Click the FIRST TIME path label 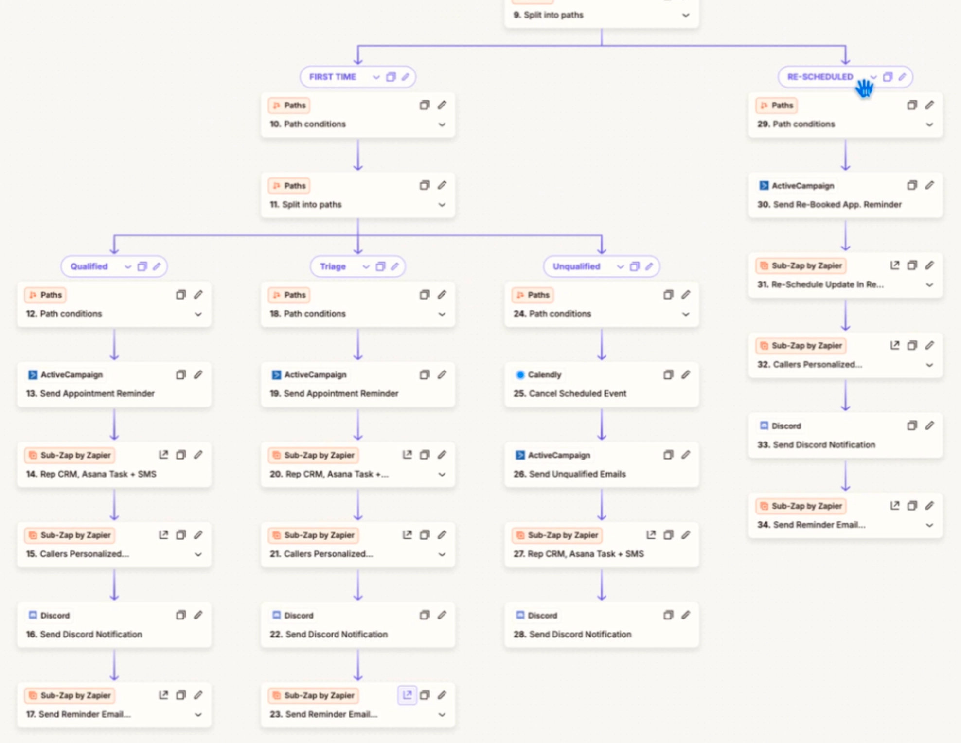click(x=333, y=77)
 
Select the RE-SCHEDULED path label click(x=820, y=77)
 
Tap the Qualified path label click(x=89, y=266)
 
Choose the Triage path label click(x=333, y=266)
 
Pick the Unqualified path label click(x=576, y=266)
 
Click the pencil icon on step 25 click(x=686, y=374)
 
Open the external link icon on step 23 click(x=407, y=695)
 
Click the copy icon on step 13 click(x=180, y=374)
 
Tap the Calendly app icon click(x=520, y=375)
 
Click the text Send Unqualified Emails click(x=577, y=474)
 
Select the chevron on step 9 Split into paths click(x=686, y=15)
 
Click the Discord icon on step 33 click(x=764, y=426)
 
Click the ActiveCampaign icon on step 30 click(x=764, y=186)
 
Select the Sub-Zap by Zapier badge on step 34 click(x=801, y=506)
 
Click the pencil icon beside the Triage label click(x=395, y=266)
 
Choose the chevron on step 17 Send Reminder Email click(x=198, y=715)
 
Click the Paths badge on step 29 click(x=776, y=106)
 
